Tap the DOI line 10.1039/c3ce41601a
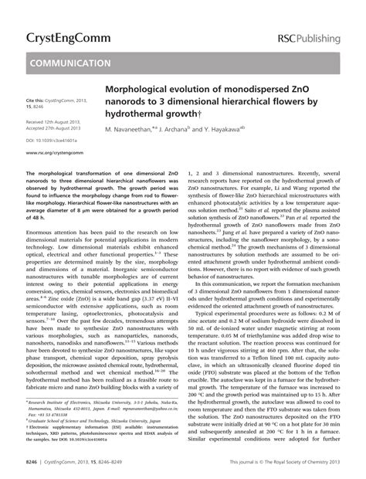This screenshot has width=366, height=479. click(x=58, y=141)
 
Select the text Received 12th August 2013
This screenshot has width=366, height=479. click(x=58, y=122)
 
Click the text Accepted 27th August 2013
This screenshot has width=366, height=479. click(x=58, y=128)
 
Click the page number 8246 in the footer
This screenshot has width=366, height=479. click(x=32, y=463)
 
